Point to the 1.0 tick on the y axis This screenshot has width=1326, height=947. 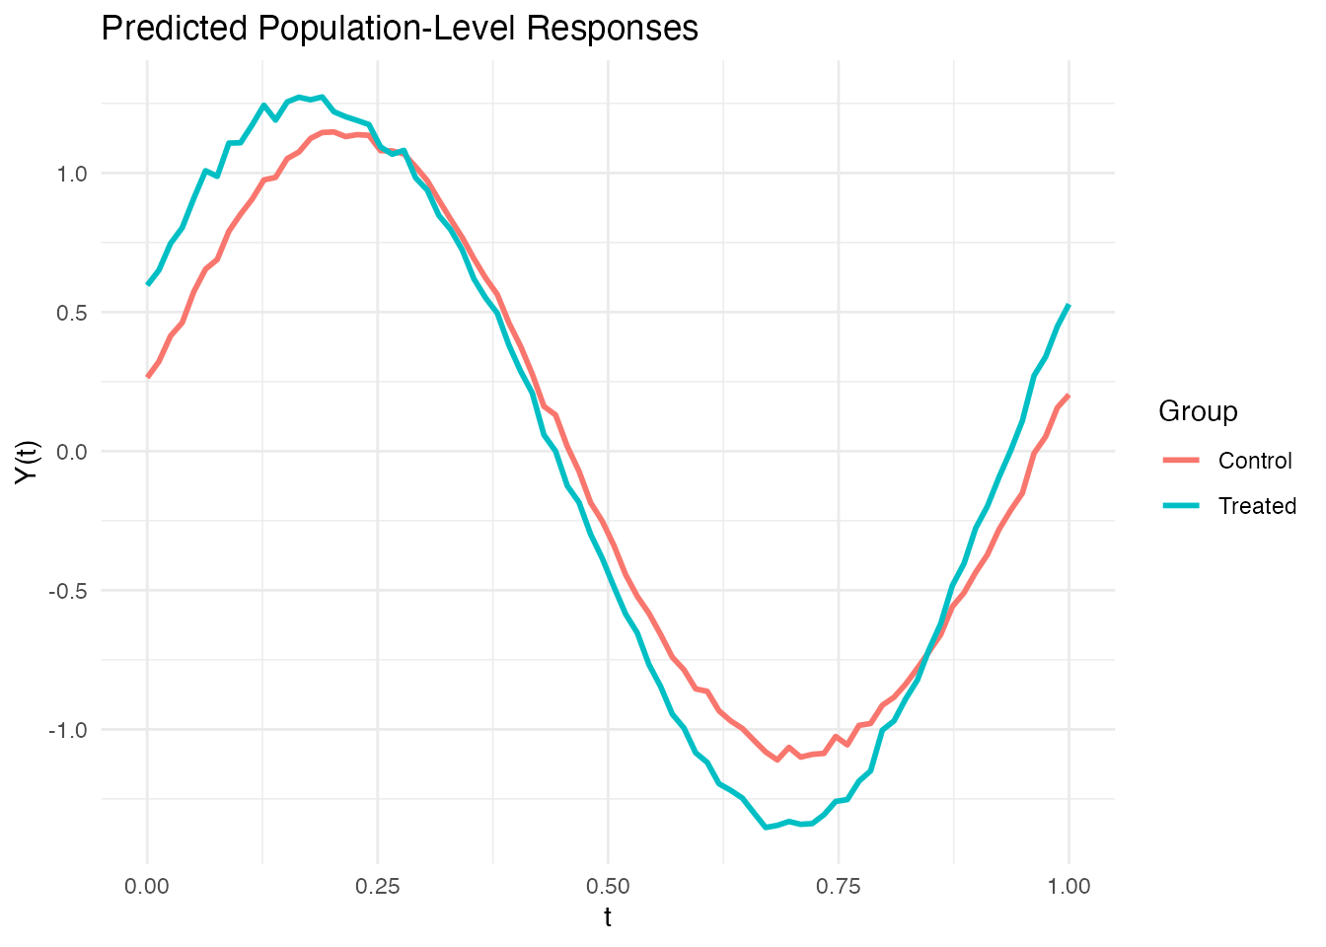tap(74, 174)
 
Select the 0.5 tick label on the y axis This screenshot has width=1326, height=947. tap(74, 313)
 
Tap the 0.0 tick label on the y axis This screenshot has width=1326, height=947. tap(74, 452)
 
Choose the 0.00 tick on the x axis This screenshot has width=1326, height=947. tap(147, 886)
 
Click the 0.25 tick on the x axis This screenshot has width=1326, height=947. tap(378, 886)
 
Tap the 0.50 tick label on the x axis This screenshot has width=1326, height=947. tap(608, 886)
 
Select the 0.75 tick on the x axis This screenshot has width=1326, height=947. tap(839, 886)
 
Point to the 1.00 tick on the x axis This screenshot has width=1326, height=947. tap(1069, 886)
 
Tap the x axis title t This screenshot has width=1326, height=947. tap(608, 918)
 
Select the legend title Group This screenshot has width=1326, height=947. tap(1198, 411)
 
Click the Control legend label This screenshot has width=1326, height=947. tap(1255, 461)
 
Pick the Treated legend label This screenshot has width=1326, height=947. tap(1257, 506)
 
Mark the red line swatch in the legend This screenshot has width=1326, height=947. tap(1181, 461)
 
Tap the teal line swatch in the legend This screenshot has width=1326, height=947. tap(1181, 506)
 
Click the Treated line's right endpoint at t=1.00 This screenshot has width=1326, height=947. tap(1068, 306)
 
